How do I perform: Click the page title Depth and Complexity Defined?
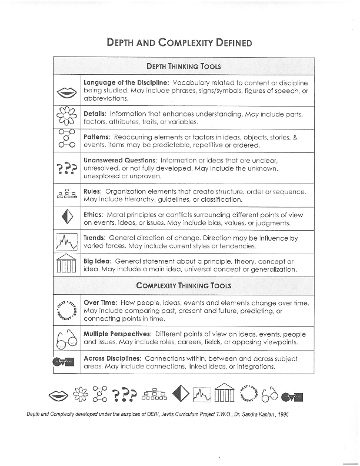tap(179, 42)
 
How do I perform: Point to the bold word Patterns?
tap(97, 137)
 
